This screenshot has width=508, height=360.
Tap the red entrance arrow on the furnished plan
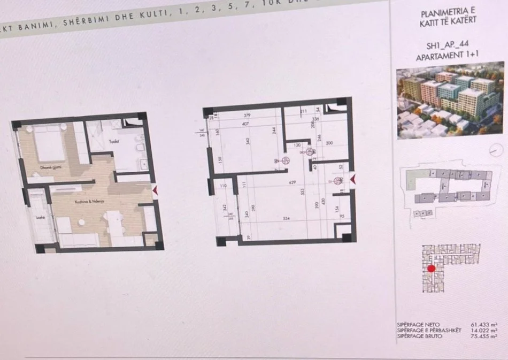tap(156, 190)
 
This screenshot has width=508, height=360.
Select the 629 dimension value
tap(291, 183)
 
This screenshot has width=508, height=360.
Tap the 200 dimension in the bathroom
tap(329, 143)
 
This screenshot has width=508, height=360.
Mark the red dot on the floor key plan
tap(432, 269)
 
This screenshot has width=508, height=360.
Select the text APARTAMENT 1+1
tap(446, 57)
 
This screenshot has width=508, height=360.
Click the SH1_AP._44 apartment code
tap(446, 47)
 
